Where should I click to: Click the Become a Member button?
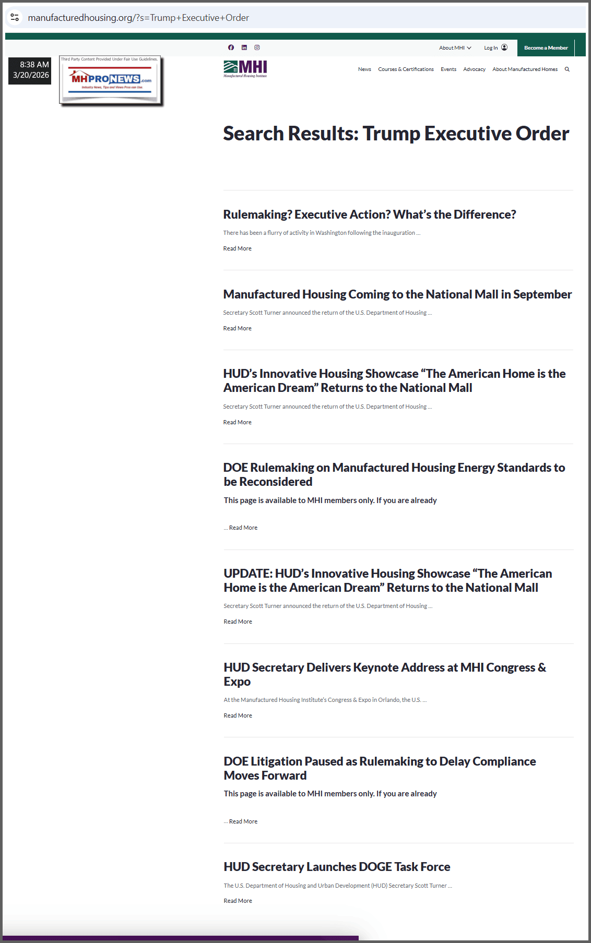tap(546, 48)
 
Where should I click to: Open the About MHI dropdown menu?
tap(455, 48)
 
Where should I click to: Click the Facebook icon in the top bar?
tap(231, 47)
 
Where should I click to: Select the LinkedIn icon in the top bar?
tap(244, 47)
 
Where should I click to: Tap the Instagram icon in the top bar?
tap(257, 47)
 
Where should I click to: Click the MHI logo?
tap(245, 69)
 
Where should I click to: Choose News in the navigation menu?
tap(364, 69)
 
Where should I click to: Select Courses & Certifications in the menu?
tap(406, 69)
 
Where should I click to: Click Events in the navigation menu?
tap(448, 69)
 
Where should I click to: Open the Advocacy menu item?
tap(474, 69)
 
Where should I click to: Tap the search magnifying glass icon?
tap(567, 69)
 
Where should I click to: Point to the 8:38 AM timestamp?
tap(34, 65)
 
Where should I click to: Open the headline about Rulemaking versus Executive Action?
tap(369, 214)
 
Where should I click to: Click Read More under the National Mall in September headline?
tap(237, 328)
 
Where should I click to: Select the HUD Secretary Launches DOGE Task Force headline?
tap(337, 867)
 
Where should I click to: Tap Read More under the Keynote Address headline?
tap(238, 715)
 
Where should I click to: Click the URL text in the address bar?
tap(138, 18)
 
